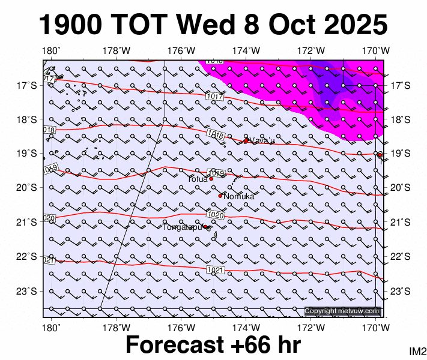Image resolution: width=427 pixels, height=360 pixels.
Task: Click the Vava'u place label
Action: click(x=262, y=141)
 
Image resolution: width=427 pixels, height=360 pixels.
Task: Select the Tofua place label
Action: click(x=197, y=179)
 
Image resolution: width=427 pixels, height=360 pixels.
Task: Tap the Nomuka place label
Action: click(x=239, y=197)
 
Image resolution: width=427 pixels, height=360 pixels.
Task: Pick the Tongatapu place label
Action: click(x=182, y=227)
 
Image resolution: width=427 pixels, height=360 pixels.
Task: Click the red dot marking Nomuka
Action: click(x=220, y=196)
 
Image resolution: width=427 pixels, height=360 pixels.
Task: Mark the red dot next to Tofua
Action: click(x=211, y=178)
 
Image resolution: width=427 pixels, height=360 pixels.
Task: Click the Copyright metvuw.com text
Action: click(x=342, y=311)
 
